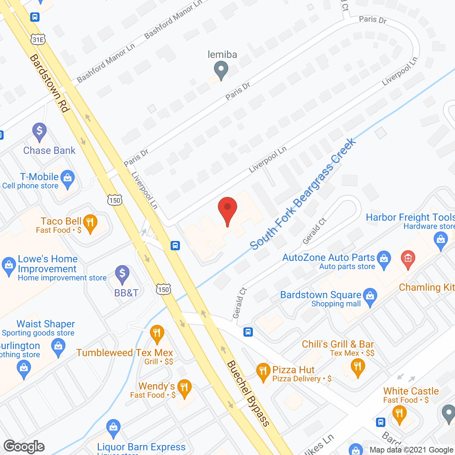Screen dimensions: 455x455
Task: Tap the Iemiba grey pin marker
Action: coord(221,69)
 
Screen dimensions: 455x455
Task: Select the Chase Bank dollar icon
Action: coord(39,131)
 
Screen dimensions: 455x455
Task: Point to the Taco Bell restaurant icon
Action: coord(90,223)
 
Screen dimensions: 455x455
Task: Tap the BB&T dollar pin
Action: coord(122,274)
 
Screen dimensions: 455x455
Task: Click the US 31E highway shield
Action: coord(38,39)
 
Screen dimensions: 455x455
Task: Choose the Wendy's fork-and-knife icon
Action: coord(184,387)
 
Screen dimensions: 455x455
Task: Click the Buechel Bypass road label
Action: coord(248,393)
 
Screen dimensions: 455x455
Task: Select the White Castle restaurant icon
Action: coord(399,414)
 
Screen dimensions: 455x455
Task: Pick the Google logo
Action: coord(24,446)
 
